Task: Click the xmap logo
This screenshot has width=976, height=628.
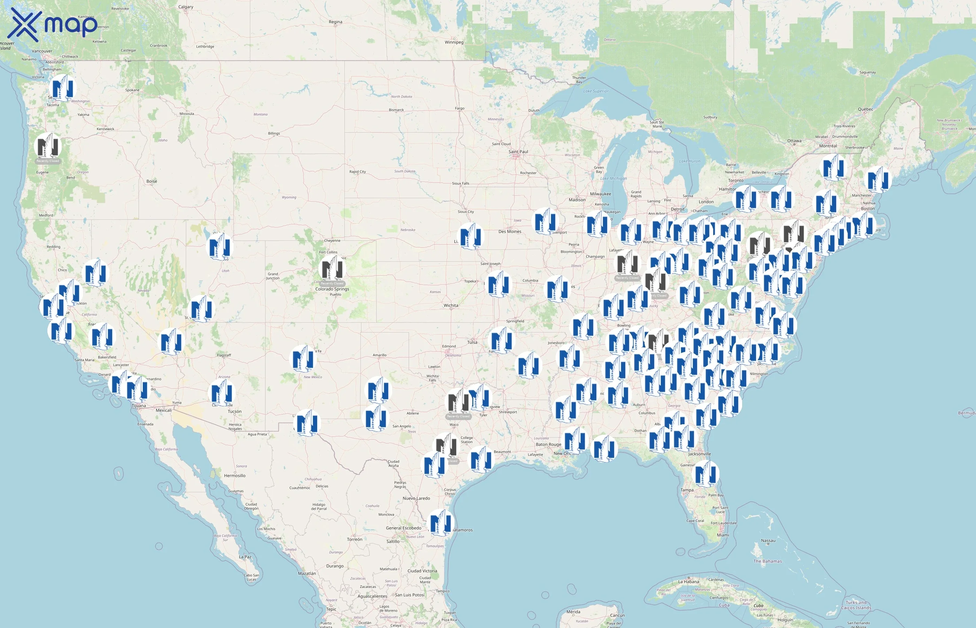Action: click(x=53, y=24)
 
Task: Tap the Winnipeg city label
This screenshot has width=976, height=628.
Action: click(x=454, y=42)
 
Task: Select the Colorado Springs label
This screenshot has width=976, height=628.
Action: click(x=332, y=289)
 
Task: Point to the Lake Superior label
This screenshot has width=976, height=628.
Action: click(x=596, y=91)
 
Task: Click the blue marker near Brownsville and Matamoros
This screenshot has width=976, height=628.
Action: click(x=441, y=523)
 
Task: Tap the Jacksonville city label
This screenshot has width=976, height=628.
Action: click(x=700, y=454)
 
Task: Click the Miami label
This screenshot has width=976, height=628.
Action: click(x=723, y=535)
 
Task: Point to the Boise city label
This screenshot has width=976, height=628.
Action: click(x=152, y=181)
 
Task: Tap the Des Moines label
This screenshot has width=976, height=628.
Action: click(x=510, y=232)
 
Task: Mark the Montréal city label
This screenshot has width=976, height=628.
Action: click(x=828, y=146)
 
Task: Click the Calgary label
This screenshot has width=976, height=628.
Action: click(x=186, y=7)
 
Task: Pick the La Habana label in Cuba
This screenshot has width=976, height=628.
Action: click(x=688, y=582)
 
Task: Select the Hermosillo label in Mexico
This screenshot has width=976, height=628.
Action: click(x=235, y=476)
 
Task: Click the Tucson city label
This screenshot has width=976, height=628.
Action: click(x=235, y=411)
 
